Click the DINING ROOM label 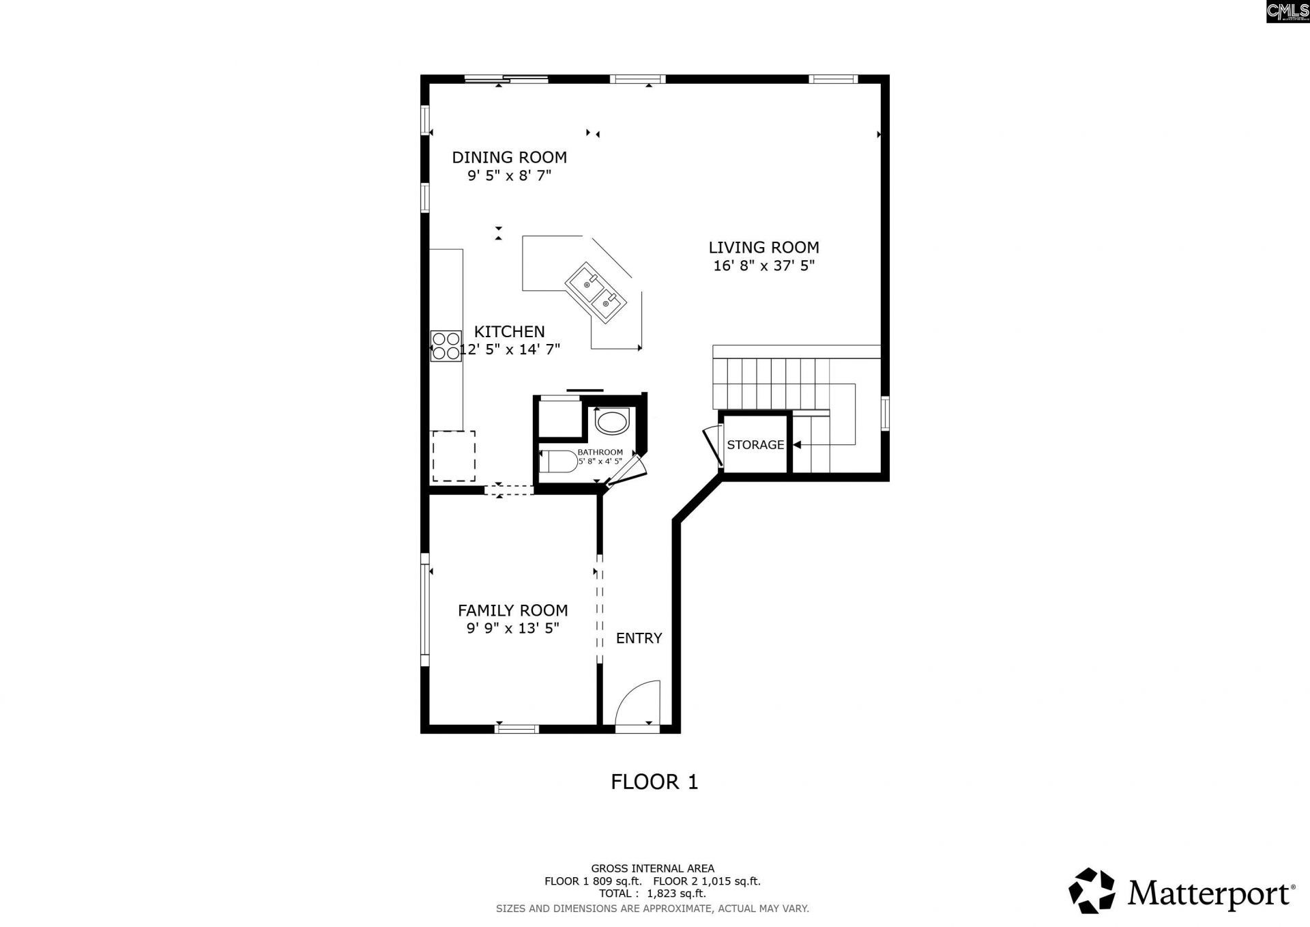pos(509,157)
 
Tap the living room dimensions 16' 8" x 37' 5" pos(763,266)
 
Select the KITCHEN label pos(509,331)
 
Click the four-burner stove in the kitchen pos(446,345)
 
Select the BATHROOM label pos(600,452)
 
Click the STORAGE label pos(755,444)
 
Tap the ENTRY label pos(639,638)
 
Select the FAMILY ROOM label pos(512,610)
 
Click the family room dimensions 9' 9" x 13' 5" pos(512,628)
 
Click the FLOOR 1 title pos(654,782)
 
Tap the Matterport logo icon pos(1092,890)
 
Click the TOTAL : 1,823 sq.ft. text pos(652,893)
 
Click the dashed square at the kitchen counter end pos(454,455)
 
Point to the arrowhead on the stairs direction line pos(796,444)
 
